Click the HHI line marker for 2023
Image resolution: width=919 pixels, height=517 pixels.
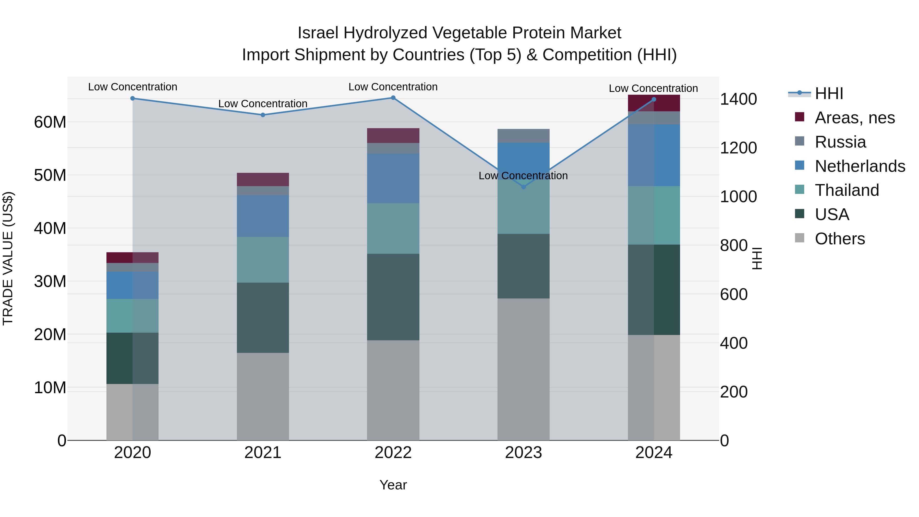(x=523, y=187)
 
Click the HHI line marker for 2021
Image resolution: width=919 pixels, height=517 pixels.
(x=263, y=115)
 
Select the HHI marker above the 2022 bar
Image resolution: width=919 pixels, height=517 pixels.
(x=393, y=98)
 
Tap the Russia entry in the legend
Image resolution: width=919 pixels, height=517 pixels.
(x=840, y=142)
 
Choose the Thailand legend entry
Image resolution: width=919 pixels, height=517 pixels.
(x=847, y=190)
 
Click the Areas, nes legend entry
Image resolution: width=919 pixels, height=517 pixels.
(x=854, y=118)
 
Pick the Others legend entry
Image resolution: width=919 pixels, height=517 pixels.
(x=839, y=239)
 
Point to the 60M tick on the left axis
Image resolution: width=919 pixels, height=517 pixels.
(x=50, y=122)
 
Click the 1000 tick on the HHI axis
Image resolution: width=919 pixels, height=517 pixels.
(x=738, y=197)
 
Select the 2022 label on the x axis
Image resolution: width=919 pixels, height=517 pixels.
(x=393, y=453)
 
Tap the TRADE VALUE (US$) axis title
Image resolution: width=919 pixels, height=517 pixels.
(x=8, y=258)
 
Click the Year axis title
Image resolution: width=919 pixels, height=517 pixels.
(x=393, y=485)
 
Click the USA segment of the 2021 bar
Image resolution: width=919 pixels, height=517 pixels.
(x=263, y=318)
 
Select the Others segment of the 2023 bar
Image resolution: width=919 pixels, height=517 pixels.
(x=523, y=369)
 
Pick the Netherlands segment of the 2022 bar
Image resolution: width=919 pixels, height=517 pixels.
(x=393, y=178)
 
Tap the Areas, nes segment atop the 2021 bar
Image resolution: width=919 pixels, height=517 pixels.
(x=263, y=179)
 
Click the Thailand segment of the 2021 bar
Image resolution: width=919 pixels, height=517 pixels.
(x=263, y=260)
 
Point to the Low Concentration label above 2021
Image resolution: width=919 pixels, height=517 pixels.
(x=263, y=104)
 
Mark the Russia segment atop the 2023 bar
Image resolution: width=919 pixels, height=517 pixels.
(x=523, y=136)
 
